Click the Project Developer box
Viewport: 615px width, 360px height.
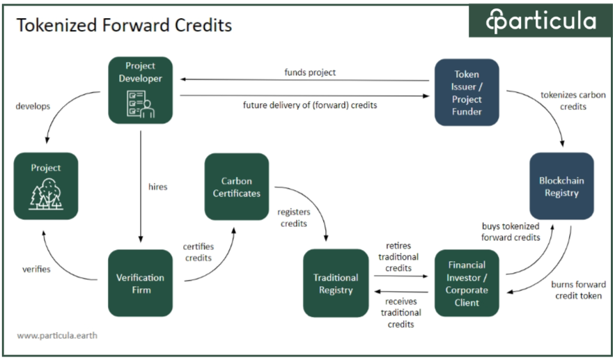click(140, 90)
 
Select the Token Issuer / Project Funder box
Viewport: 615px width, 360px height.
click(467, 92)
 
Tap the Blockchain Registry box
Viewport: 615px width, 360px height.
click(561, 186)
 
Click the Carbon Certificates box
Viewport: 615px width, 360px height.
click(236, 186)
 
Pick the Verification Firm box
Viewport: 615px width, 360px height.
click(140, 283)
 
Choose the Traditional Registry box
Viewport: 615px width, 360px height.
click(336, 283)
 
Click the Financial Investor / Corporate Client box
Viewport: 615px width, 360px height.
click(467, 283)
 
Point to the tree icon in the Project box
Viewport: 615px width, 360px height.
click(46, 194)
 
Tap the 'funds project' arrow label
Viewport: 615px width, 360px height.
click(310, 72)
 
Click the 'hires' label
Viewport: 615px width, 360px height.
click(158, 187)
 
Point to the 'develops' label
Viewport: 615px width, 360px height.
click(32, 106)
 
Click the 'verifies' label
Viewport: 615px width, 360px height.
click(36, 269)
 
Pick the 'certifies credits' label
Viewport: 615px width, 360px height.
click(198, 252)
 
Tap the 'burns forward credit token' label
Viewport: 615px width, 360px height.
click(577, 290)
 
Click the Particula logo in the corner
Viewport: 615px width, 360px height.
click(541, 21)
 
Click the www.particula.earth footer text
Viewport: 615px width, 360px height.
click(57, 335)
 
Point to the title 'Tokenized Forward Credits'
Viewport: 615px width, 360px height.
click(124, 26)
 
